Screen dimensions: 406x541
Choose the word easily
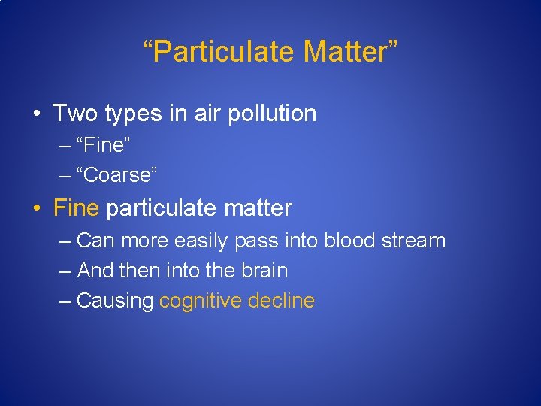(x=202, y=241)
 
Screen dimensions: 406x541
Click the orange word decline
(x=281, y=301)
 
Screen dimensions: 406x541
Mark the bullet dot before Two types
(x=36, y=114)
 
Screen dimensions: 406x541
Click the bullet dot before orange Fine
(x=36, y=208)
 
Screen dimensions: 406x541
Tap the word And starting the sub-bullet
(x=94, y=270)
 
